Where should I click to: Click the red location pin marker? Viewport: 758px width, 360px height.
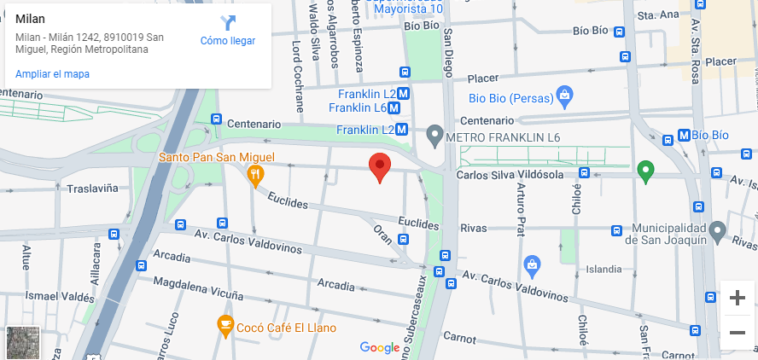point(380,167)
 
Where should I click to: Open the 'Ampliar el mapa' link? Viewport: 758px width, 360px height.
point(52,74)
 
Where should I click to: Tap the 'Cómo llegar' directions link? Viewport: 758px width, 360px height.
point(228,32)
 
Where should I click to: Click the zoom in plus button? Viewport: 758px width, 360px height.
point(738,298)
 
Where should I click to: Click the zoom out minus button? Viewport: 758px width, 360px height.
point(738,332)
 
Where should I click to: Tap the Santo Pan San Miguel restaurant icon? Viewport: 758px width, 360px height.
point(254,175)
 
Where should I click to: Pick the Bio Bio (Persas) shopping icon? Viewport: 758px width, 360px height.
point(563,95)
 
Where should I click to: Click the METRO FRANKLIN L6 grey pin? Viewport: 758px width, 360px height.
point(434,135)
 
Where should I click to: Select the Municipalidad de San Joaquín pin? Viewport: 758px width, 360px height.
point(718,230)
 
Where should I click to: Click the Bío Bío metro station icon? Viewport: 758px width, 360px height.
point(683,135)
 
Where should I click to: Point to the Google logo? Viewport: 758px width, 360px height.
point(380,347)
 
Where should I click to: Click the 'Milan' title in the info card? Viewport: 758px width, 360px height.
point(31,19)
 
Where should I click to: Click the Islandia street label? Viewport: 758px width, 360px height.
point(603,269)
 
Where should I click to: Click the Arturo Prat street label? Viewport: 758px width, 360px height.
point(521,210)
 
